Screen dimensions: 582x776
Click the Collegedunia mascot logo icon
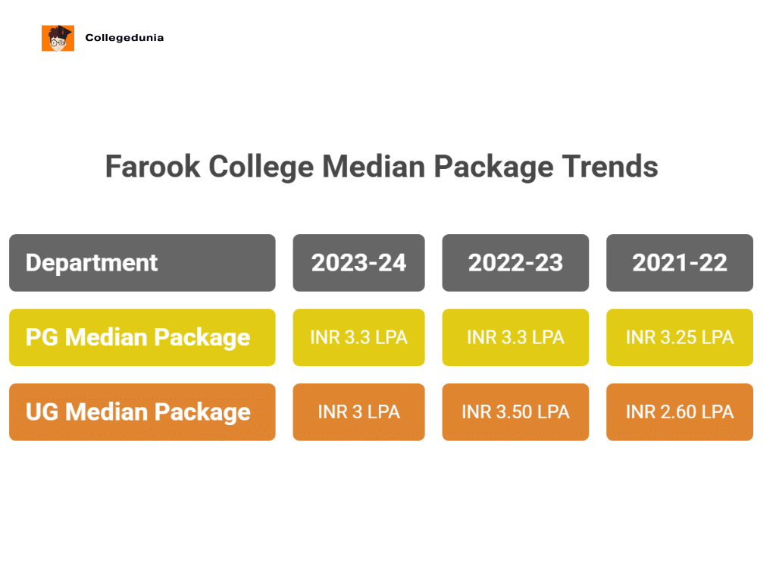tap(58, 38)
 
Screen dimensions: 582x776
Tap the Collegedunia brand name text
tap(124, 38)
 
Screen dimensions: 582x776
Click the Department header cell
tap(142, 263)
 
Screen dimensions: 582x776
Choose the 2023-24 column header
tap(358, 263)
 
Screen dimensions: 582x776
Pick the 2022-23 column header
tap(515, 263)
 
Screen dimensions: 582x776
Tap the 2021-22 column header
tap(680, 263)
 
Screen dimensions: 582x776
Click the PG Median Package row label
tap(142, 337)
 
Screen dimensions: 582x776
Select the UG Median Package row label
tap(142, 411)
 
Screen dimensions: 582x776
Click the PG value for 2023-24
tap(358, 337)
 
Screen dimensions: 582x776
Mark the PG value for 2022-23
tap(515, 337)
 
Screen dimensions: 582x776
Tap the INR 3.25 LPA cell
tap(680, 337)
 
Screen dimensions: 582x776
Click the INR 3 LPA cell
tap(358, 411)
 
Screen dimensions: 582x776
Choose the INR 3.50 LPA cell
tap(515, 411)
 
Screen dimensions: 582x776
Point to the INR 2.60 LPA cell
tap(680, 411)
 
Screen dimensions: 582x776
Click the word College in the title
tap(261, 167)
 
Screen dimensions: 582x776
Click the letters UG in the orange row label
tap(42, 411)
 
